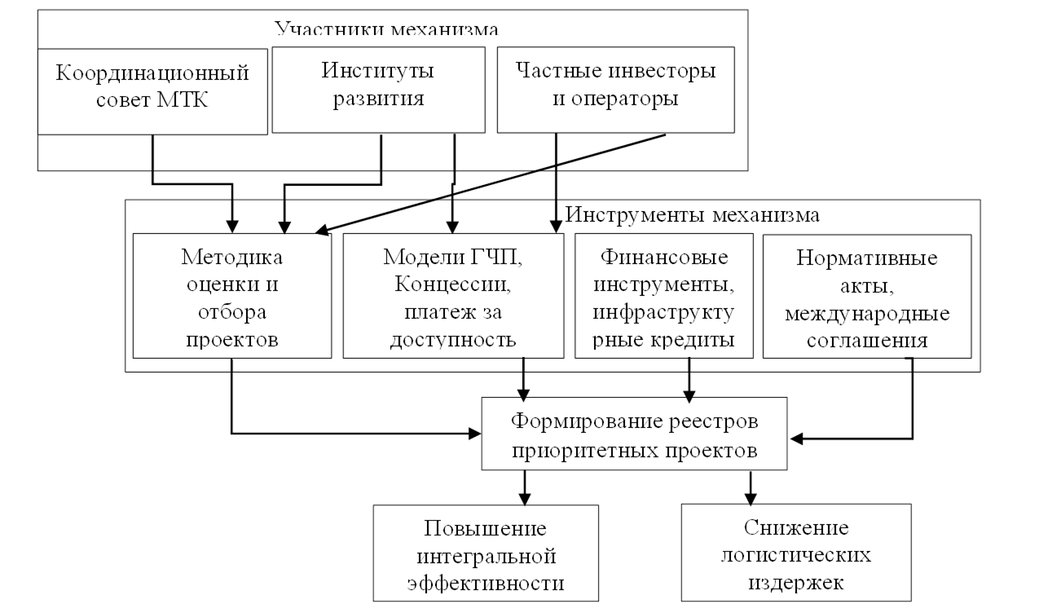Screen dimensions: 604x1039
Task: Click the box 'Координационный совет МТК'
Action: pyautogui.click(x=152, y=90)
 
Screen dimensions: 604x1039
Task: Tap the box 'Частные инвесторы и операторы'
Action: pyautogui.click(x=615, y=89)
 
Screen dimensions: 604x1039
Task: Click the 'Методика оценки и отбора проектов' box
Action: pyautogui.click(x=232, y=297)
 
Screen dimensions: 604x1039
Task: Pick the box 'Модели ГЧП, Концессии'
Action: pyautogui.click(x=451, y=297)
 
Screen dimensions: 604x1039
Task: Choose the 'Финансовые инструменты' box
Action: pyautogui.click(x=664, y=297)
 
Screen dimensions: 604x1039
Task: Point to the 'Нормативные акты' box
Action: pyautogui.click(x=867, y=297)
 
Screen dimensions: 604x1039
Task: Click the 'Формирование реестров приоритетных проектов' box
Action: pyautogui.click(x=635, y=433)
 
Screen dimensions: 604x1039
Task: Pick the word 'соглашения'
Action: pyautogui.click(x=867, y=339)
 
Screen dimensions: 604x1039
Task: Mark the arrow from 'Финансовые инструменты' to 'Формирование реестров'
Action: pyautogui.click(x=690, y=378)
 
